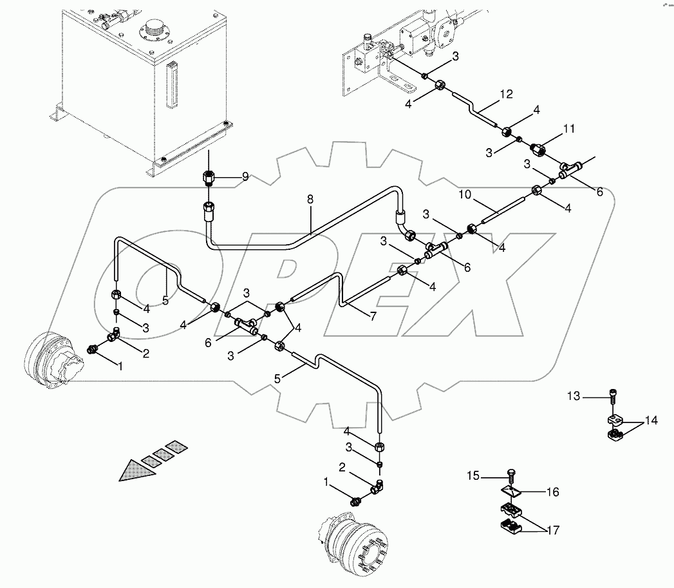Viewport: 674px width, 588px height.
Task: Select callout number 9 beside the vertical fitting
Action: (245, 177)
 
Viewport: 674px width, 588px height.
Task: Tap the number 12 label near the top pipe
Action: (506, 95)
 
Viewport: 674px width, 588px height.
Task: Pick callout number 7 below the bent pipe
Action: (372, 316)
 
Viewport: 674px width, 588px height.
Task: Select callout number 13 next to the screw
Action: (574, 395)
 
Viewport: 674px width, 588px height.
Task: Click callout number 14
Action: (651, 421)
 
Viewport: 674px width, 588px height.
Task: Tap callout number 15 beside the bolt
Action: (473, 475)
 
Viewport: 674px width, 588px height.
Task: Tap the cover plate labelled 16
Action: (510, 493)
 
